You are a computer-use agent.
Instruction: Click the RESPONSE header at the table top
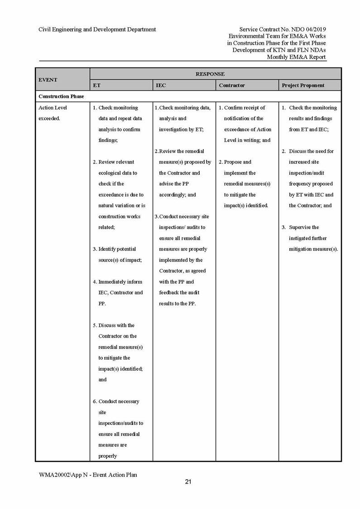point(210,74)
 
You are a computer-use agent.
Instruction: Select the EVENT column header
point(48,80)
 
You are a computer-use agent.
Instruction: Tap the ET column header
point(97,85)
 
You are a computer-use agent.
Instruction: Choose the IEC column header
point(160,85)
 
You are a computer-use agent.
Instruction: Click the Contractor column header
point(232,85)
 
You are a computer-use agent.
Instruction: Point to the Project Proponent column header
point(303,85)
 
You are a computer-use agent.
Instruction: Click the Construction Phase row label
point(61,97)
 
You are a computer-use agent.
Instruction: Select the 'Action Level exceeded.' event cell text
point(53,113)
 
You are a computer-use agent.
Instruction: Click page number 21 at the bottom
point(188,482)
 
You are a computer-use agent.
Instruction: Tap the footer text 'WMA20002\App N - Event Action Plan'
point(88,475)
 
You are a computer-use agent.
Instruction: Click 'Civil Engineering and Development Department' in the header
point(97,29)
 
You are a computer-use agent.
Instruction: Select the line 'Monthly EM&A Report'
point(296,57)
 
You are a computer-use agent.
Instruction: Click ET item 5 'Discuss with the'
point(116,325)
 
